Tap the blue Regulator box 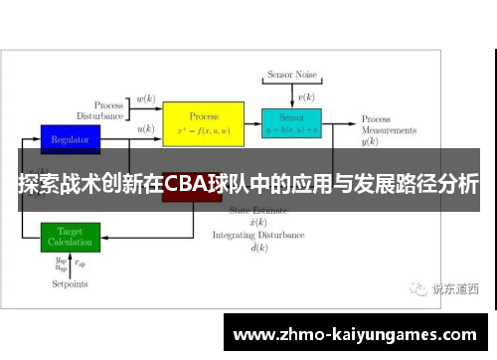(x=70, y=139)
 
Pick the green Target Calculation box (x=70, y=237)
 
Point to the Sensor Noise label (x=291, y=76)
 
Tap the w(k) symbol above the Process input (x=145, y=98)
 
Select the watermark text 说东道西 (x=454, y=289)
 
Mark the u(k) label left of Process (x=145, y=129)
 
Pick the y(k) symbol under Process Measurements (x=370, y=142)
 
